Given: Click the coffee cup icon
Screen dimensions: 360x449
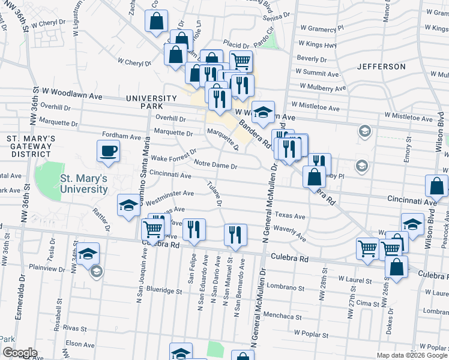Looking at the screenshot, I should pyautogui.click(x=109, y=151).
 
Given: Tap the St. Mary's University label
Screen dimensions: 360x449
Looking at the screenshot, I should pyautogui.click(x=83, y=183).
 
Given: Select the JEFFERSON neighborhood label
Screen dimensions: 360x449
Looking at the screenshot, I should pyautogui.click(x=381, y=66).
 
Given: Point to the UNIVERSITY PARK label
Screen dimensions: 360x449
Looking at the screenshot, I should pyautogui.click(x=151, y=102).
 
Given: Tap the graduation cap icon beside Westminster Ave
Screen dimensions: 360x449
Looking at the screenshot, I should pyautogui.click(x=128, y=206).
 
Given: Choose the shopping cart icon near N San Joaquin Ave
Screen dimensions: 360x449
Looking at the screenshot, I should pyautogui.click(x=153, y=229).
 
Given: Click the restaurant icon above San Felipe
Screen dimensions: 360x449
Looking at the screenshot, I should pyautogui.click(x=193, y=229).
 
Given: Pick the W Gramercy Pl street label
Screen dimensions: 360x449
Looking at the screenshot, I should pyautogui.click(x=324, y=28).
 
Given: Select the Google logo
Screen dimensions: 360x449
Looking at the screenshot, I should pyautogui.click(x=20, y=353).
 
